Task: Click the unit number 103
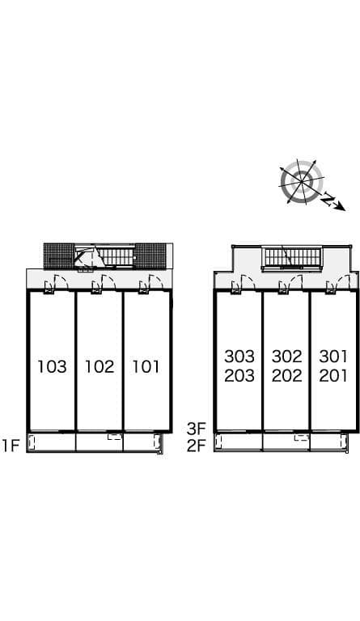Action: pyautogui.click(x=52, y=366)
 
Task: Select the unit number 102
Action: pyautogui.click(x=100, y=366)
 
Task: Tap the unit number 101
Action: pyautogui.click(x=146, y=366)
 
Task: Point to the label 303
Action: pyautogui.click(x=239, y=357)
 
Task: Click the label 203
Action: pyautogui.click(x=239, y=375)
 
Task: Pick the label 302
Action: pyautogui.click(x=286, y=357)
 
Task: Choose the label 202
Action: pyautogui.click(x=286, y=375)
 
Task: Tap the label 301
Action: pyautogui.click(x=333, y=357)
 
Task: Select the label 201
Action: pyautogui.click(x=333, y=375)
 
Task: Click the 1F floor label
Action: pyautogui.click(x=11, y=446)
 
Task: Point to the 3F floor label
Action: pyautogui.click(x=197, y=428)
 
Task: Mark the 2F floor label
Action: pyautogui.click(x=197, y=446)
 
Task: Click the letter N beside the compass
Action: pyautogui.click(x=327, y=198)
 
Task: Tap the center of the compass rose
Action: pyautogui.click(x=302, y=182)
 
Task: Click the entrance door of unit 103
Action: pyautogui.click(x=61, y=282)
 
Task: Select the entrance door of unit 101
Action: pyautogui.click(x=155, y=282)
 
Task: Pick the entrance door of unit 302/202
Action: pyautogui.click(x=294, y=283)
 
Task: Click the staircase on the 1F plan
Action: pyautogui.click(x=115, y=256)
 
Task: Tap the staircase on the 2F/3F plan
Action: pyautogui.click(x=292, y=257)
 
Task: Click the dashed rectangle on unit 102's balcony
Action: pyautogui.click(x=115, y=437)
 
